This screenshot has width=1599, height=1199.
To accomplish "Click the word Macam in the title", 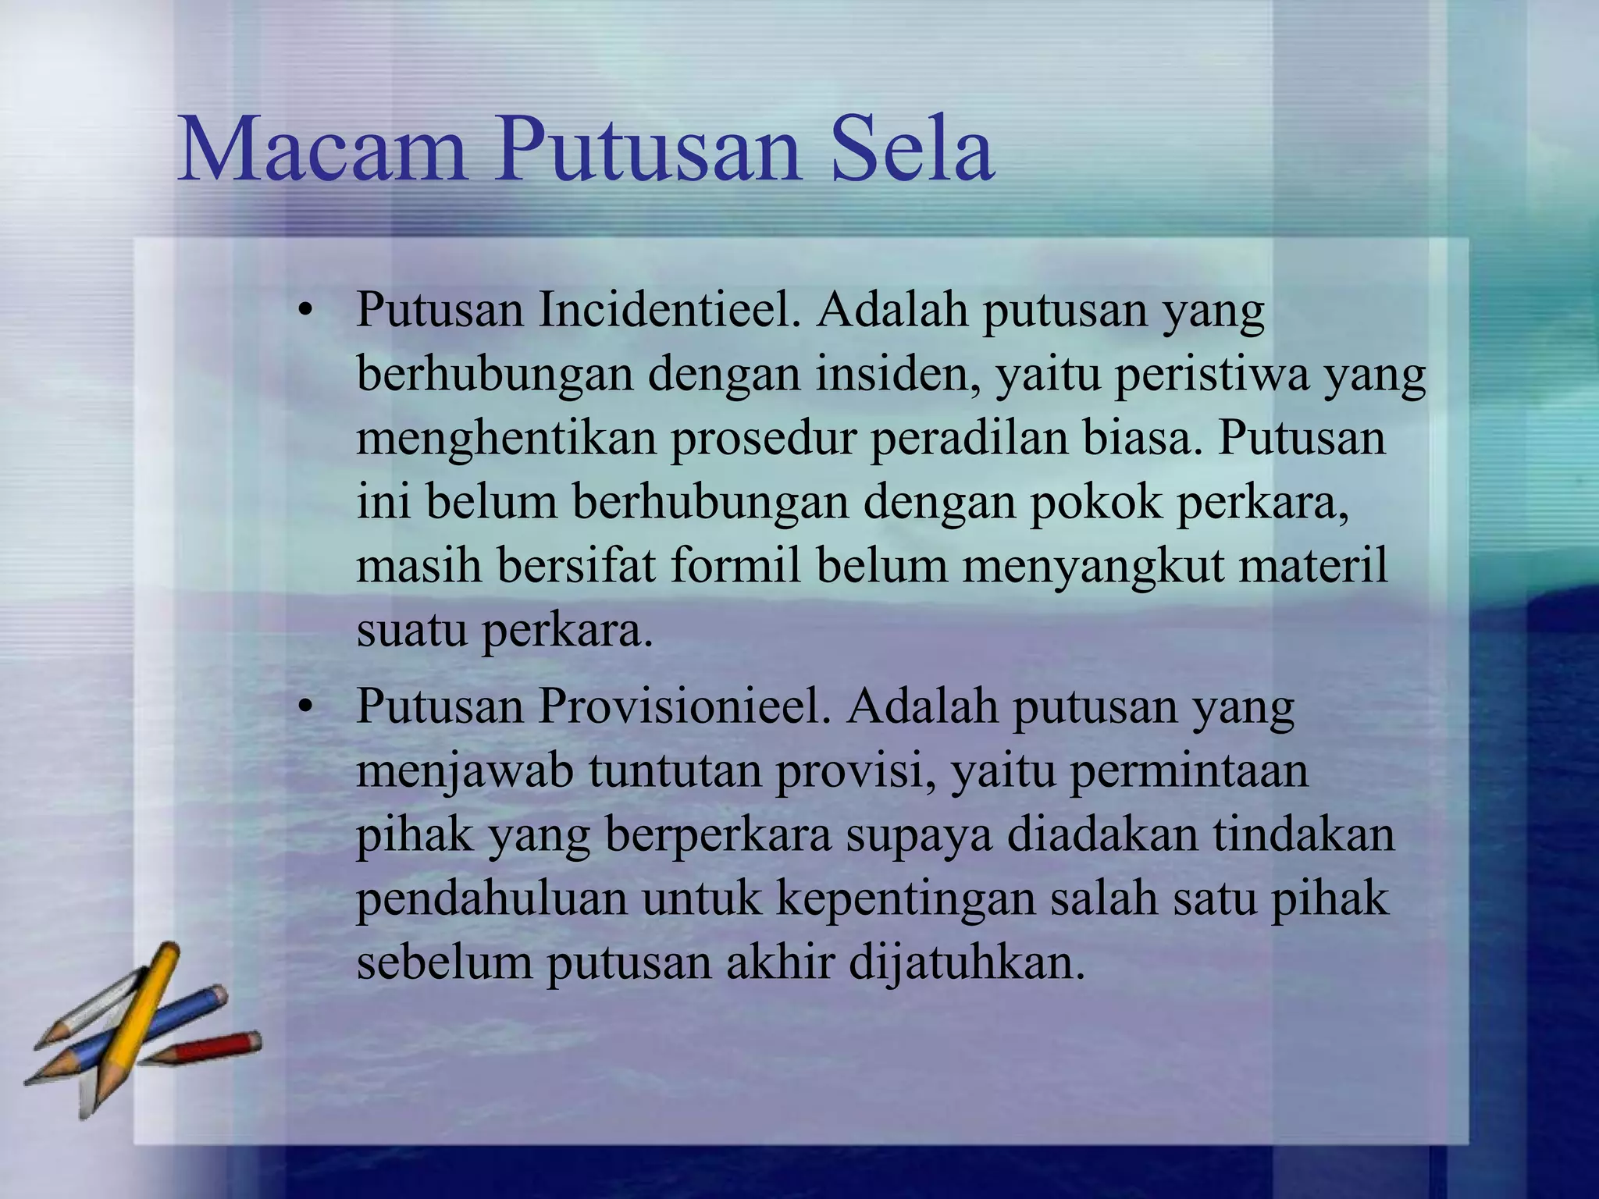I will click(322, 149).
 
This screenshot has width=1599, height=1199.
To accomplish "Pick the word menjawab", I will click(465, 771).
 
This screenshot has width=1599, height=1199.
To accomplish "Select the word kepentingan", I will click(905, 898).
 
